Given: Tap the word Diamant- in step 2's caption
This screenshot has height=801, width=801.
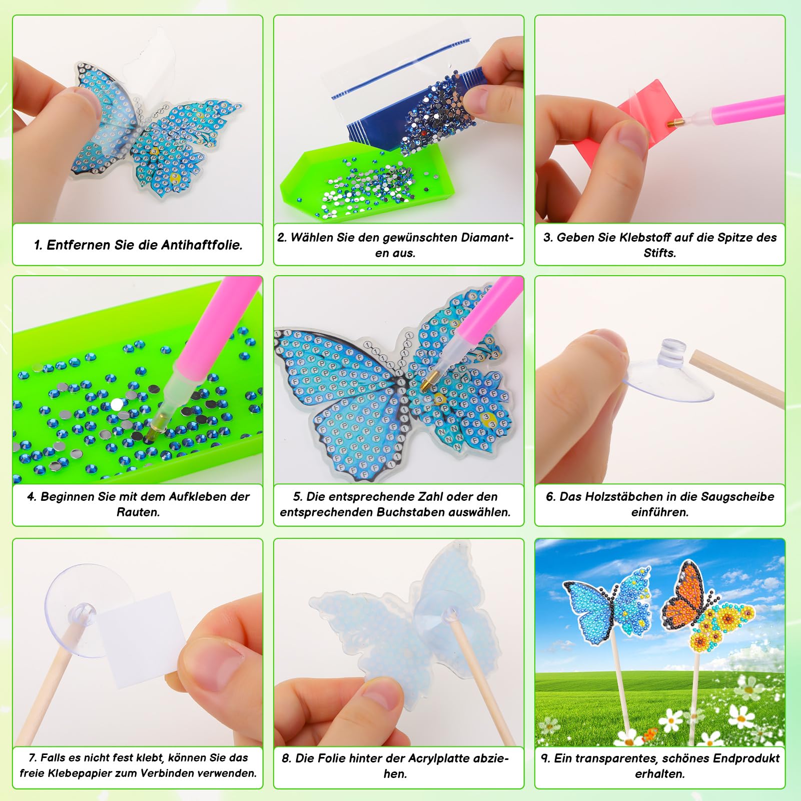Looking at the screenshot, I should pos(487,238).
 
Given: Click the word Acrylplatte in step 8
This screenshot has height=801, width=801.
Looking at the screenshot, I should pos(439,758).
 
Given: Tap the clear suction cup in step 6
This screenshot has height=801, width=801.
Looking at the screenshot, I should pos(665,373).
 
